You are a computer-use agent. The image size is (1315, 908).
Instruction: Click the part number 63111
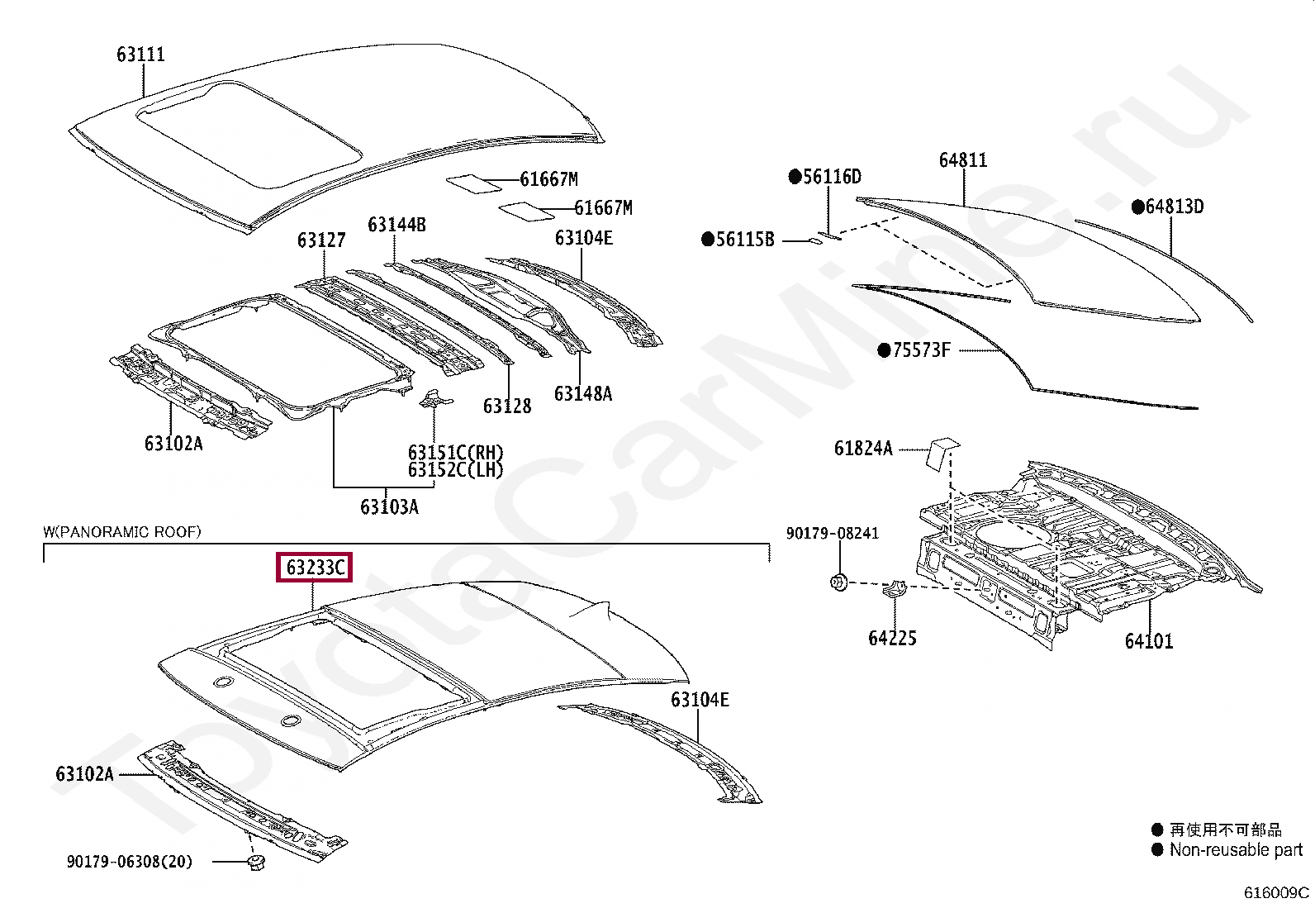pyautogui.click(x=141, y=55)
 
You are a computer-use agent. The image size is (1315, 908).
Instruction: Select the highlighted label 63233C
pyautogui.click(x=314, y=568)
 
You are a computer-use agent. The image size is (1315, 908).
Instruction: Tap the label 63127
pyautogui.click(x=321, y=240)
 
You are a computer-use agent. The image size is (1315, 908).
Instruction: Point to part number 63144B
pyautogui.click(x=396, y=225)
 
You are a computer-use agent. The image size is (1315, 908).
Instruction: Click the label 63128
pyautogui.click(x=507, y=406)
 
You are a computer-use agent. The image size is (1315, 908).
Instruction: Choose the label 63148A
pyautogui.click(x=583, y=393)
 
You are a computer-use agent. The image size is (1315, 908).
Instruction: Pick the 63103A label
pyautogui.click(x=389, y=506)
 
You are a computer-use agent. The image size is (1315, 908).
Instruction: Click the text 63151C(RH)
pyautogui.click(x=455, y=453)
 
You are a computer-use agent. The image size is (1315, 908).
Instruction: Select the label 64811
pyautogui.click(x=963, y=160)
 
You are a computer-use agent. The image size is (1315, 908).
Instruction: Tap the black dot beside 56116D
pyautogui.click(x=795, y=176)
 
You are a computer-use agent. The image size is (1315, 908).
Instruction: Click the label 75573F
pyautogui.click(x=921, y=350)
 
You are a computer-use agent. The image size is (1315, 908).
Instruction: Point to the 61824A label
pyautogui.click(x=863, y=449)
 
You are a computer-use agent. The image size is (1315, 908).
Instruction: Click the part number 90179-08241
pyautogui.click(x=833, y=533)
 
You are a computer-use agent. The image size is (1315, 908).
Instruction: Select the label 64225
pyautogui.click(x=892, y=638)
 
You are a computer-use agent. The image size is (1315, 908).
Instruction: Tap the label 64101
pyautogui.click(x=1149, y=640)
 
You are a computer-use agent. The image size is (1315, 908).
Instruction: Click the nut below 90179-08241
pyautogui.click(x=838, y=582)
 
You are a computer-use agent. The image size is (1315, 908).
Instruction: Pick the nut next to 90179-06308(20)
pyautogui.click(x=256, y=863)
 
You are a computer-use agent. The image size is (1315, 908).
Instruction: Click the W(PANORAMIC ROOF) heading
pyautogui.click(x=122, y=531)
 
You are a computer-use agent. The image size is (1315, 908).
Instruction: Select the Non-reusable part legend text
pyautogui.click(x=1236, y=850)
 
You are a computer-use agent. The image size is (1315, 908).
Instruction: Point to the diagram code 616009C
pyautogui.click(x=1276, y=892)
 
